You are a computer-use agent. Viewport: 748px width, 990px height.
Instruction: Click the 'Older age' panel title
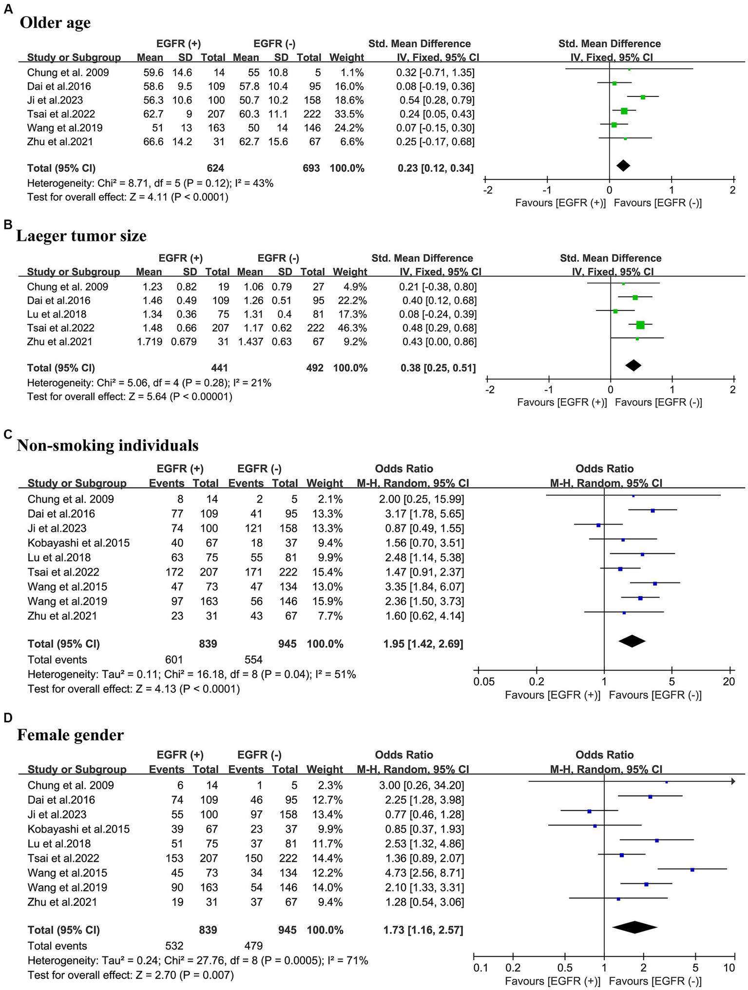55,23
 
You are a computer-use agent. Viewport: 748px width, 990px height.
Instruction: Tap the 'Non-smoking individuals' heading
108,445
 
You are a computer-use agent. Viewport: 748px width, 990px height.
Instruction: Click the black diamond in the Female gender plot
634,927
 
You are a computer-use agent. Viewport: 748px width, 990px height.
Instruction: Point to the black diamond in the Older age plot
623,166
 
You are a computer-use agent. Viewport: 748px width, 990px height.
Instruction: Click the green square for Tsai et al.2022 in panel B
640,325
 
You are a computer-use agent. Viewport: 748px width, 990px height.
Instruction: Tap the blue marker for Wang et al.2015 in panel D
692,870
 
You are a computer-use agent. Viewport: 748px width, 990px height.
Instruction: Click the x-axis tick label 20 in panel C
729,681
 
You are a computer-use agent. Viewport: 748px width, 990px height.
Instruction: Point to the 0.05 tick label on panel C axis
484,681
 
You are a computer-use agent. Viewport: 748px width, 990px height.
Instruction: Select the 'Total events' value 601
174,660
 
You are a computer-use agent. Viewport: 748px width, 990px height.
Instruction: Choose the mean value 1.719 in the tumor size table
149,342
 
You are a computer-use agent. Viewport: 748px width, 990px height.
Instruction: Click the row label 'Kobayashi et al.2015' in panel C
79,543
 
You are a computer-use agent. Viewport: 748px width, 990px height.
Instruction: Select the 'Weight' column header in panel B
350,272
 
